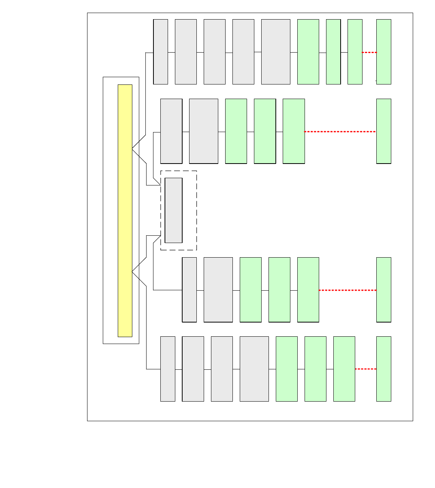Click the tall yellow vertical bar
tap(125, 210)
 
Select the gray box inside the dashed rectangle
tap(173, 210)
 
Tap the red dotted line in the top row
tap(369, 52)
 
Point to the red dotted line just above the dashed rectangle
tap(340, 132)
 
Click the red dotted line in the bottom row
tap(366, 369)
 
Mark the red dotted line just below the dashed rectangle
tap(348, 290)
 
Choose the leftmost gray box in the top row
tap(161, 52)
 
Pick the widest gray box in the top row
tap(275, 52)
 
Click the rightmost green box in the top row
tap(384, 52)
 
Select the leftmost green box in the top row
tap(308, 52)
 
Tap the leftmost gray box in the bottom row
tap(168, 369)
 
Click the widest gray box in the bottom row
tap(254, 369)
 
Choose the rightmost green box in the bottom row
tap(384, 369)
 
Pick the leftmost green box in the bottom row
tap(287, 369)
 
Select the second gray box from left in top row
tap(186, 52)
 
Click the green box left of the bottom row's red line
tap(344, 369)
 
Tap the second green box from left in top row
tap(333, 52)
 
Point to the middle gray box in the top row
tap(214, 52)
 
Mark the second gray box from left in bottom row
tap(193, 369)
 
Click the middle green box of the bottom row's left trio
tap(315, 369)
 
